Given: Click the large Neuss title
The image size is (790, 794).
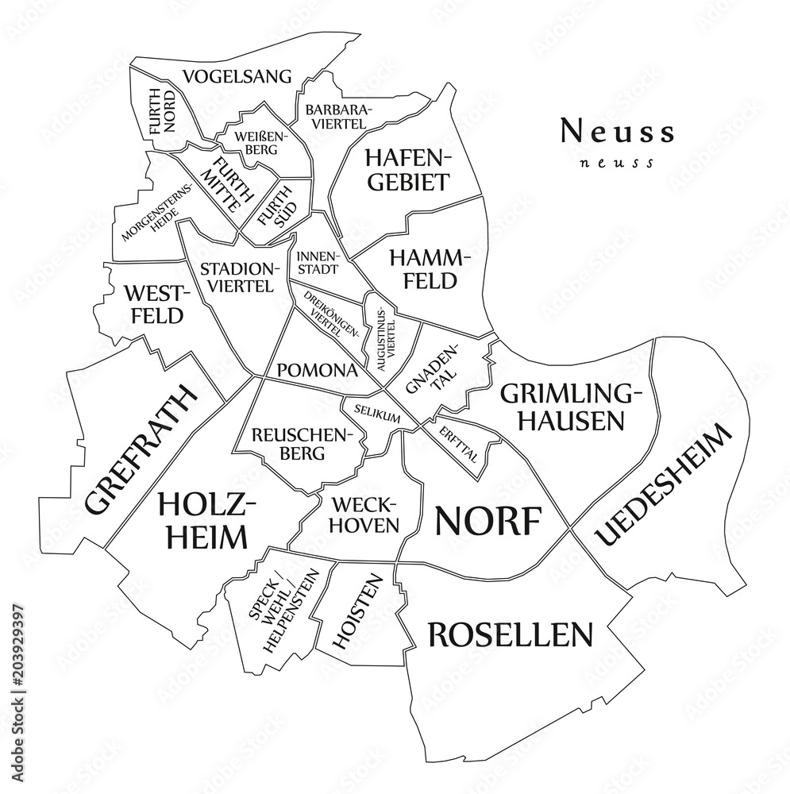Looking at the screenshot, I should coord(618,131).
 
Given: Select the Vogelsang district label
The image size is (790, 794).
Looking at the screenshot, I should coord(237,76).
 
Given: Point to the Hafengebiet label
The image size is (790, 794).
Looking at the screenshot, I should coord(407,169).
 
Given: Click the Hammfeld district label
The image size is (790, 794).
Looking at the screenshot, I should coord(424,268).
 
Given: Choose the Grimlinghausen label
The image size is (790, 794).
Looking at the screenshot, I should coord(569,406).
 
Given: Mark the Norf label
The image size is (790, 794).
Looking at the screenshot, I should coord(488,522).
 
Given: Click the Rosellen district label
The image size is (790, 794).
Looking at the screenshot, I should coord(511,634).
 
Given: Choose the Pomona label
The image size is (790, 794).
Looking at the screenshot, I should coord(317,370).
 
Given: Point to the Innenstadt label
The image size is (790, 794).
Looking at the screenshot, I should coord(318,263).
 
